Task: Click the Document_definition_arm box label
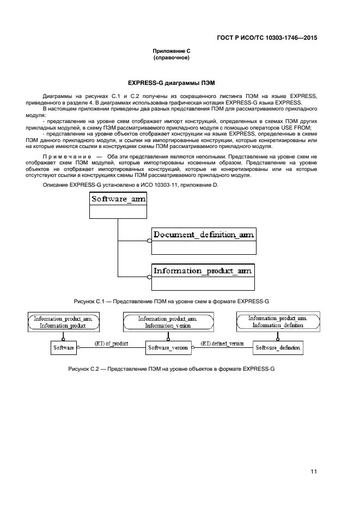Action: click(204, 235)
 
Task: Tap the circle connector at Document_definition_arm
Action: click(149, 241)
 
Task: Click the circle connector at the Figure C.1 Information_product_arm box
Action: click(149, 277)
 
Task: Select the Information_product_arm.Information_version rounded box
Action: click(167, 322)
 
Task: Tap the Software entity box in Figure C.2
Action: click(63, 346)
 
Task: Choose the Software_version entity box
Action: click(168, 347)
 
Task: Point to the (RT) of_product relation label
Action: click(112, 344)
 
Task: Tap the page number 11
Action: click(314, 471)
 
